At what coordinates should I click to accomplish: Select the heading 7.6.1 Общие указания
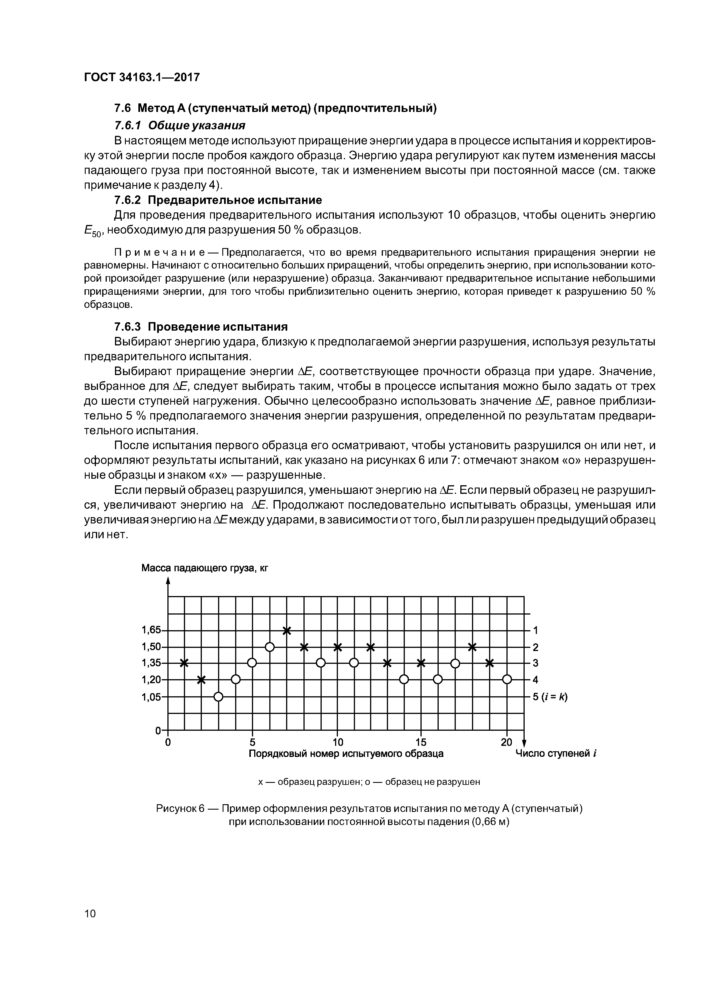point(179,126)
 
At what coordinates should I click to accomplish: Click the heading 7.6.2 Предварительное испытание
point(217,200)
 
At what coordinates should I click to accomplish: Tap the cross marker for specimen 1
point(184,663)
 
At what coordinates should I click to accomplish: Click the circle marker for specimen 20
point(507,680)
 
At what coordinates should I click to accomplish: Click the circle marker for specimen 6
point(269,647)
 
